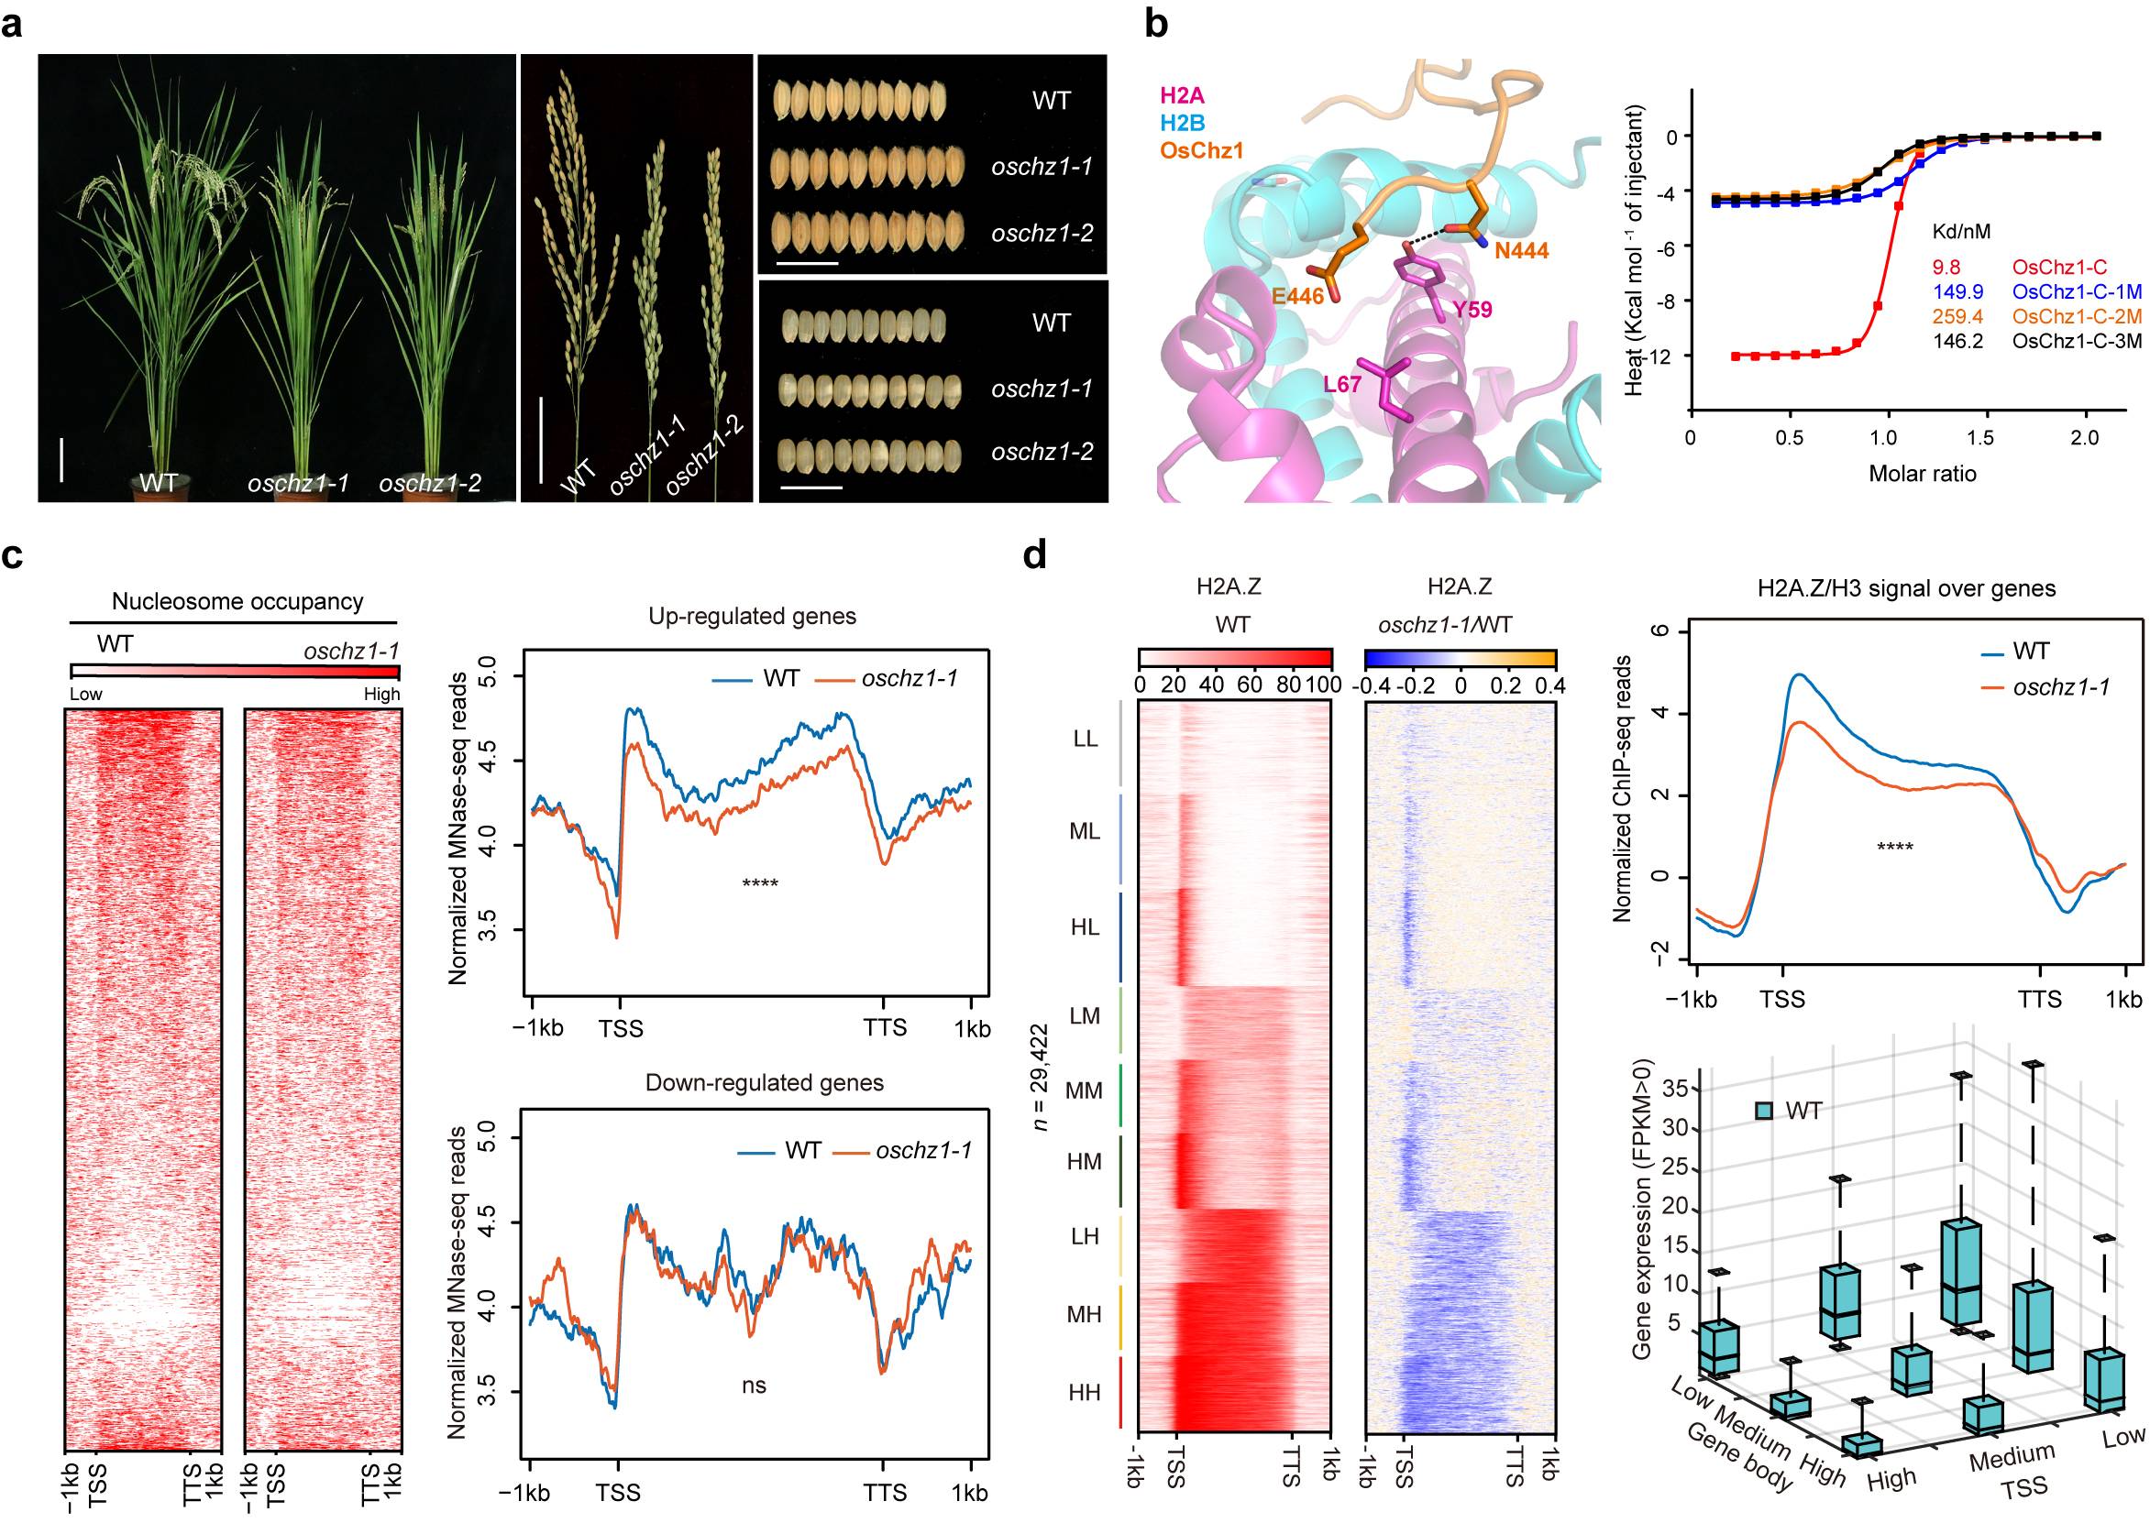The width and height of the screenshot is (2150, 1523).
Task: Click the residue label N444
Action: pos(1522,250)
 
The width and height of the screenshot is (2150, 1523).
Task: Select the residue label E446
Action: pos(1297,296)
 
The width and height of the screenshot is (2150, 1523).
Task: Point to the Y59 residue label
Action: pos(1471,310)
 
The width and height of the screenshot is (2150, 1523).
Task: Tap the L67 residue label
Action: pos(1341,385)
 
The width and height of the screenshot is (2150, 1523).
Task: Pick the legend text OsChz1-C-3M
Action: pos(2077,342)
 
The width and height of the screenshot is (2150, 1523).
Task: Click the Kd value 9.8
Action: pos(1946,268)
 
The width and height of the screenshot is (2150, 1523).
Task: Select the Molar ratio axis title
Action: pos(1922,474)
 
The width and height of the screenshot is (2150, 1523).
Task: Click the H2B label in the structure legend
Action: pos(1182,123)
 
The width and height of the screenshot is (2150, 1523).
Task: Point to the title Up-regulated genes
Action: pos(753,616)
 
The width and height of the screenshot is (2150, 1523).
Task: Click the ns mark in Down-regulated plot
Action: pos(755,1386)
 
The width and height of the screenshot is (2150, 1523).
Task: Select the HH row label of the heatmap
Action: pos(1085,1393)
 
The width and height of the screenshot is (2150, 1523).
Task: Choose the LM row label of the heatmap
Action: pos(1085,1015)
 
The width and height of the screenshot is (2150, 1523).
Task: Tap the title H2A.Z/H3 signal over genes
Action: pos(1906,589)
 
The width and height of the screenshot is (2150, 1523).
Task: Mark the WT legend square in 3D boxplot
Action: pos(1764,1112)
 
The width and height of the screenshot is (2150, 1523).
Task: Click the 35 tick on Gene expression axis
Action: pos(1674,1089)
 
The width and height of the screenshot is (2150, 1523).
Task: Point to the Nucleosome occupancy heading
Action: pos(237,602)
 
